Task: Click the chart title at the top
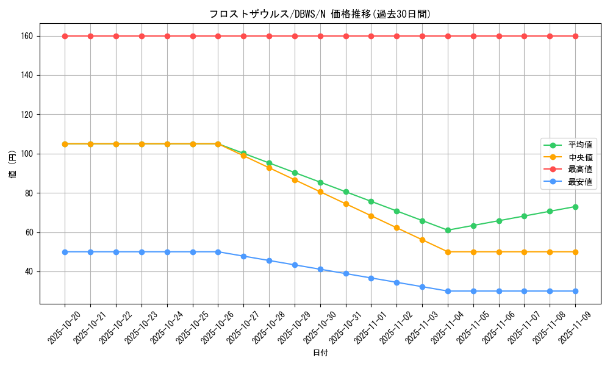[x=320, y=14]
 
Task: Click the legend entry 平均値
[x=579, y=145]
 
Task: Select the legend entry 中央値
[x=579, y=157]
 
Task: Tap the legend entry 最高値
[x=579, y=170]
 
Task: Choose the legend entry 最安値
[x=579, y=182]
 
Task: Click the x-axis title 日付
[x=320, y=353]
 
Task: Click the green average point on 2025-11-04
[x=448, y=230]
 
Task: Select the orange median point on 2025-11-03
[x=422, y=240]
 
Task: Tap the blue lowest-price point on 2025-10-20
[x=65, y=252]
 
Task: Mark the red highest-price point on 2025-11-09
[x=575, y=36]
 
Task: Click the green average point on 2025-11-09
[x=575, y=207]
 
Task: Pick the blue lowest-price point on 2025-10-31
[x=346, y=273]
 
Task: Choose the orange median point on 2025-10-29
[x=295, y=180]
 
